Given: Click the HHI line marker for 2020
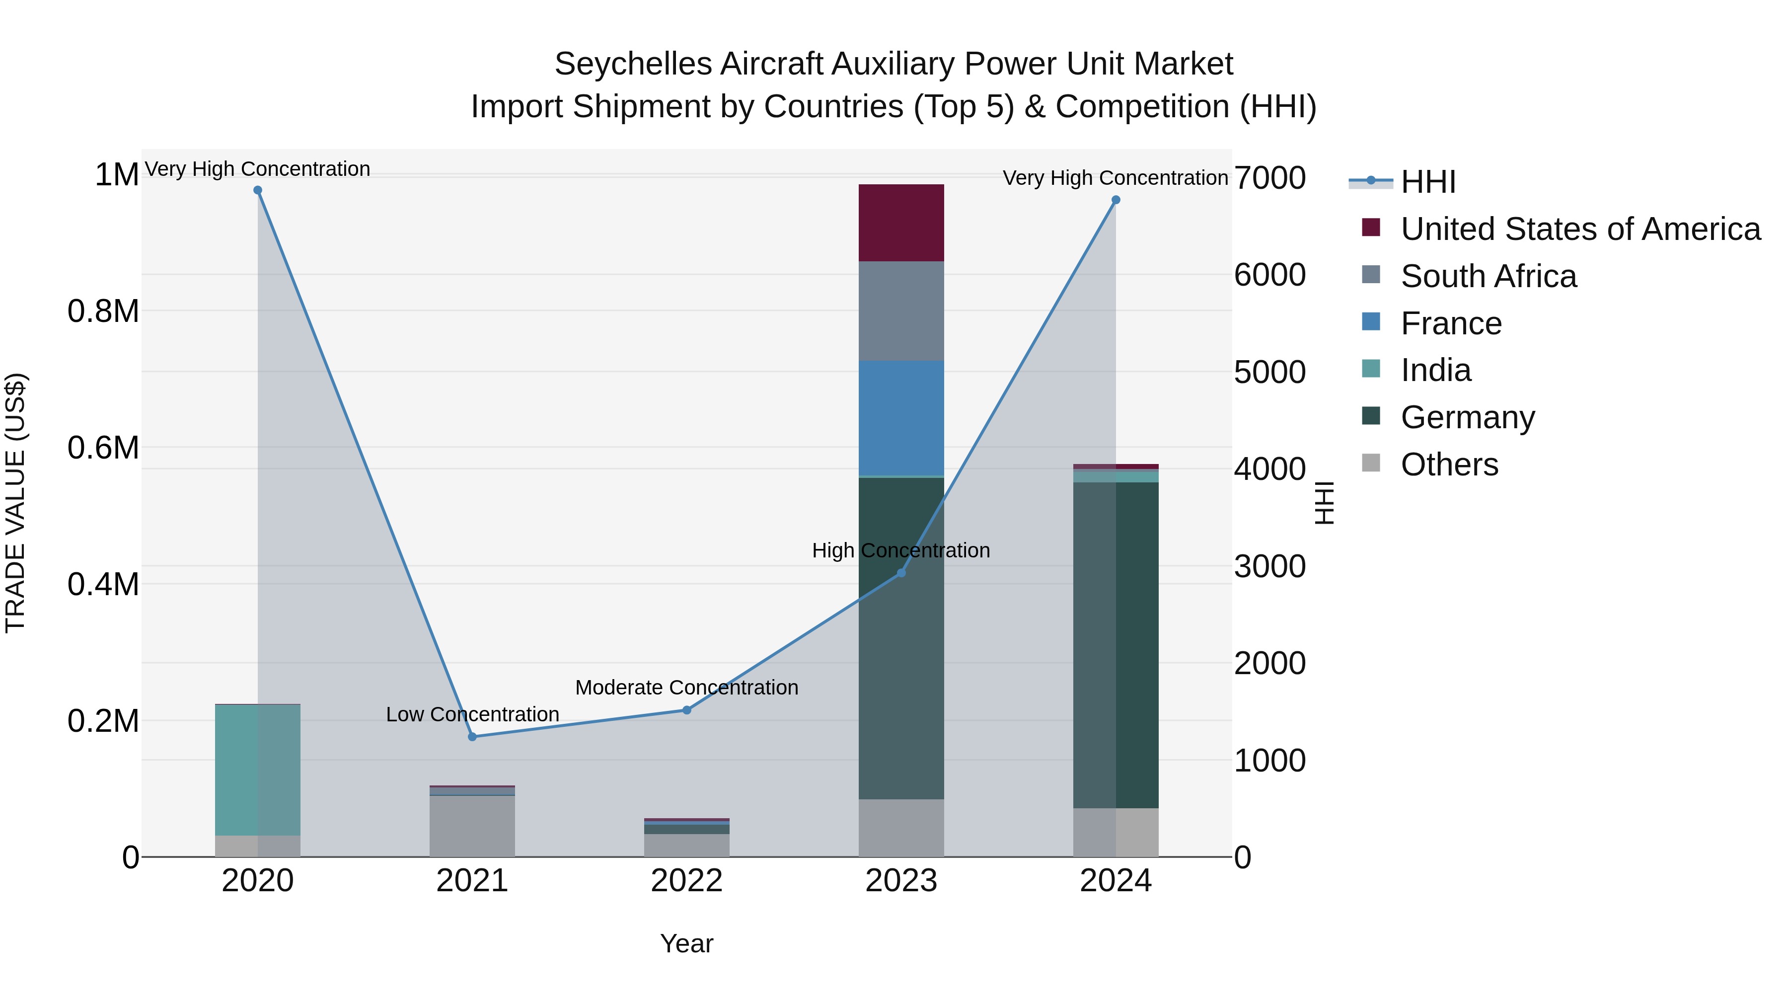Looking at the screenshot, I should tap(257, 190).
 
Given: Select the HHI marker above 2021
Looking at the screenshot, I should tap(472, 737).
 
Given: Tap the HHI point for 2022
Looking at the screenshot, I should tap(686, 710).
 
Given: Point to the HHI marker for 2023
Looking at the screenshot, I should tap(901, 573).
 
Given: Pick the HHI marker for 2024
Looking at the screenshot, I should tap(1116, 200).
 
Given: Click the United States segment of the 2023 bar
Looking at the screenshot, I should tap(901, 223).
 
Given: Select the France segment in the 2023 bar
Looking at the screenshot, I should tap(901, 418).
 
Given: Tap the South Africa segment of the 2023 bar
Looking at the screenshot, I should tap(901, 311).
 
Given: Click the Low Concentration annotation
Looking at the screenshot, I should tap(472, 714).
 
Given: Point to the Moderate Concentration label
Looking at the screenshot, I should tap(686, 688).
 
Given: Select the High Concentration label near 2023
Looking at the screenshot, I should tap(901, 550).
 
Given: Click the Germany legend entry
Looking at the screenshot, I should tap(1467, 417).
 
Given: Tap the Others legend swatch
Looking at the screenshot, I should tap(1371, 463).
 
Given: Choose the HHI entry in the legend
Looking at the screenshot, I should tap(1428, 182).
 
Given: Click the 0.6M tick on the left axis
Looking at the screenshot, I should tap(103, 448).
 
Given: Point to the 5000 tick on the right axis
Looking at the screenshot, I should tap(1269, 372).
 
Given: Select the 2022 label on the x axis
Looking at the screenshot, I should tap(686, 881).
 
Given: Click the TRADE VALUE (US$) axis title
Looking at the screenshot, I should tap(15, 503).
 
